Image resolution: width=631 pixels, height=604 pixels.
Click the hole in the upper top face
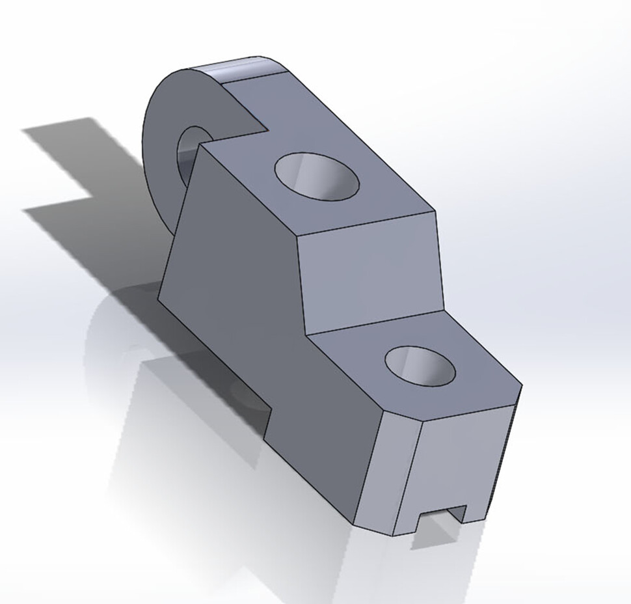point(317,176)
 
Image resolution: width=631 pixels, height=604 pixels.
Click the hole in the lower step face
point(420,365)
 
